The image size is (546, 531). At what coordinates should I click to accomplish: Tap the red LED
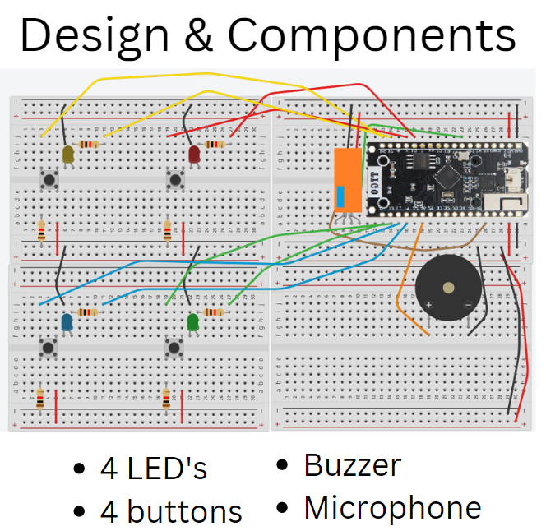click(x=195, y=154)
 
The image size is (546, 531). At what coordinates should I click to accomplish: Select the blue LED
click(x=67, y=321)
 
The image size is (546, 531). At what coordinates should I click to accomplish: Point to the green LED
click(x=193, y=321)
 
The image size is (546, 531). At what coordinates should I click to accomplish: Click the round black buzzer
click(x=448, y=289)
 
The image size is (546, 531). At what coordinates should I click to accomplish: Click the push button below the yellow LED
click(x=49, y=178)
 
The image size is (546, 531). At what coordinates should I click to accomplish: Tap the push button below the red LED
click(x=174, y=178)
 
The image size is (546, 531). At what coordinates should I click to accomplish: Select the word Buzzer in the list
click(x=352, y=465)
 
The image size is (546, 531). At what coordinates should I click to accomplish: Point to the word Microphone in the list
click(x=392, y=508)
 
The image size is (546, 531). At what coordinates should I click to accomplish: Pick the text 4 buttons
click(x=171, y=511)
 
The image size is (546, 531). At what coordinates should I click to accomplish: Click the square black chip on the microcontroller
click(x=449, y=176)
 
